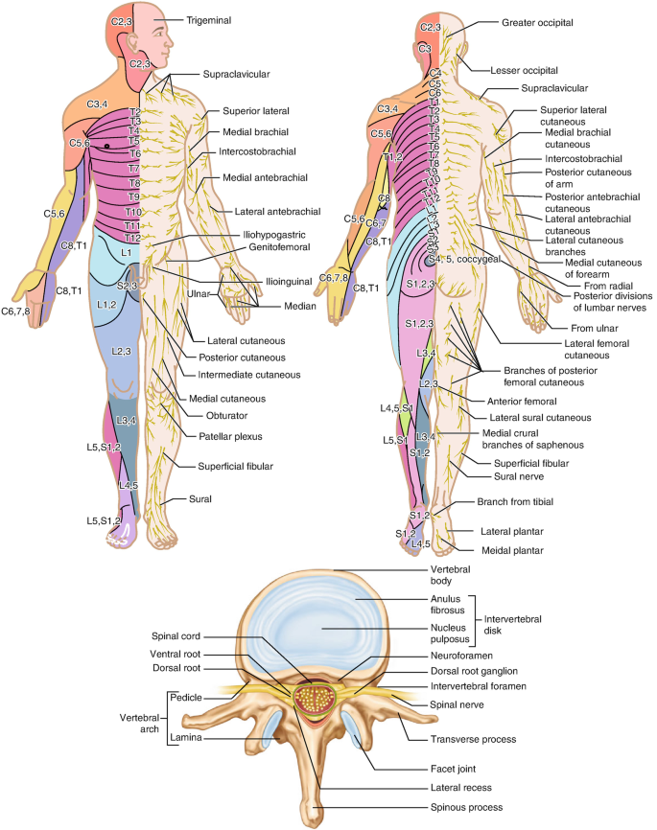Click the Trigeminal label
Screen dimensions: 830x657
[212, 19]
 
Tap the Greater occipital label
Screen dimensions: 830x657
[539, 19]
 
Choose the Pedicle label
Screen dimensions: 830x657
[185, 698]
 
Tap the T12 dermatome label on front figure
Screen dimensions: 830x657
[133, 237]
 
